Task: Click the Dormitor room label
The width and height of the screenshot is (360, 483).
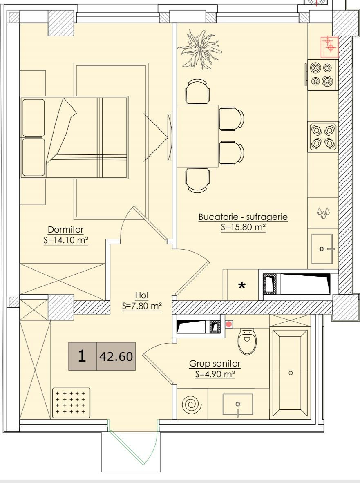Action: [66, 230]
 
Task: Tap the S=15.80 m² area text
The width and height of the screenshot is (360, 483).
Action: [243, 227]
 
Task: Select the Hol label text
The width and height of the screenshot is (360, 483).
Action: [142, 295]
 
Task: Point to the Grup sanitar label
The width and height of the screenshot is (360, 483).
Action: [215, 364]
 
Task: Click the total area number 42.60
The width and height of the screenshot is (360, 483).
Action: [116, 356]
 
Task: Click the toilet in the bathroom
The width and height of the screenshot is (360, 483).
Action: [247, 341]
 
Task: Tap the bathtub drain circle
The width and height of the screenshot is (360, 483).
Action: [291, 373]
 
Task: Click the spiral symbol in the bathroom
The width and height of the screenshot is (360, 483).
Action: [192, 404]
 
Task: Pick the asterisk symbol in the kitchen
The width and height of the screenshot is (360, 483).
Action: [242, 285]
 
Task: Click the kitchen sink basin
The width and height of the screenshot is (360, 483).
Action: [322, 249]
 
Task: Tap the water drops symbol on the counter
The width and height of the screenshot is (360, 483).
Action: [323, 212]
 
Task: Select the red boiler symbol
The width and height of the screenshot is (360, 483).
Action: [329, 47]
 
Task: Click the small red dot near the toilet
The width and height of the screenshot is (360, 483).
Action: [229, 324]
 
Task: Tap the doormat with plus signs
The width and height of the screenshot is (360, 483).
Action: [71, 402]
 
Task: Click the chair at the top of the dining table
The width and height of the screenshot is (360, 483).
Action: [198, 92]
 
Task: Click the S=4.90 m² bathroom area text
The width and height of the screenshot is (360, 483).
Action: [215, 374]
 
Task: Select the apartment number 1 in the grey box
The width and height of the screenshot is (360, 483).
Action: [82, 356]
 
